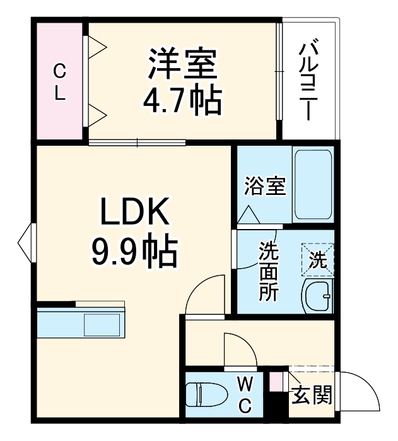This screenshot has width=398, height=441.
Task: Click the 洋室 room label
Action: (x=182, y=64)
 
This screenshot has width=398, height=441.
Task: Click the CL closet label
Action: (x=59, y=80)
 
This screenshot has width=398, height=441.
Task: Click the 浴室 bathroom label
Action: (x=266, y=187)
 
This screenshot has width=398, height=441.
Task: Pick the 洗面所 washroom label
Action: (x=268, y=271)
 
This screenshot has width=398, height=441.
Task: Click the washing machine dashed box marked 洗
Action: (x=318, y=259)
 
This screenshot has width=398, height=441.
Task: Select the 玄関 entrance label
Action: (x=311, y=396)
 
